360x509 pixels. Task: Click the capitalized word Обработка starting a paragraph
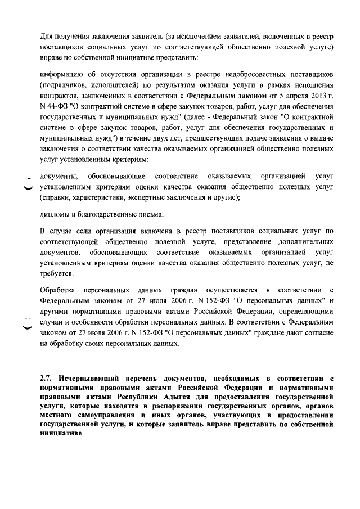coord(58,290)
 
